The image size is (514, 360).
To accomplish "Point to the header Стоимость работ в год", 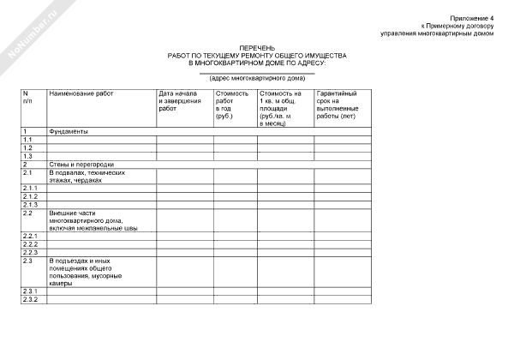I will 232,104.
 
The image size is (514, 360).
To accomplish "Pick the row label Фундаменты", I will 68,131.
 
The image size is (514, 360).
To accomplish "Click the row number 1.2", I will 28,147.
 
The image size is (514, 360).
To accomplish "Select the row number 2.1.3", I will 30,204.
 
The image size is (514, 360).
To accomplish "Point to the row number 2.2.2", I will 30,244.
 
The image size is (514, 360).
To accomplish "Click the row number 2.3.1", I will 30,291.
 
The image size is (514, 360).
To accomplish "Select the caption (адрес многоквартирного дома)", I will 256,78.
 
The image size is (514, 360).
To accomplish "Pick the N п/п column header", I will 28,96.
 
